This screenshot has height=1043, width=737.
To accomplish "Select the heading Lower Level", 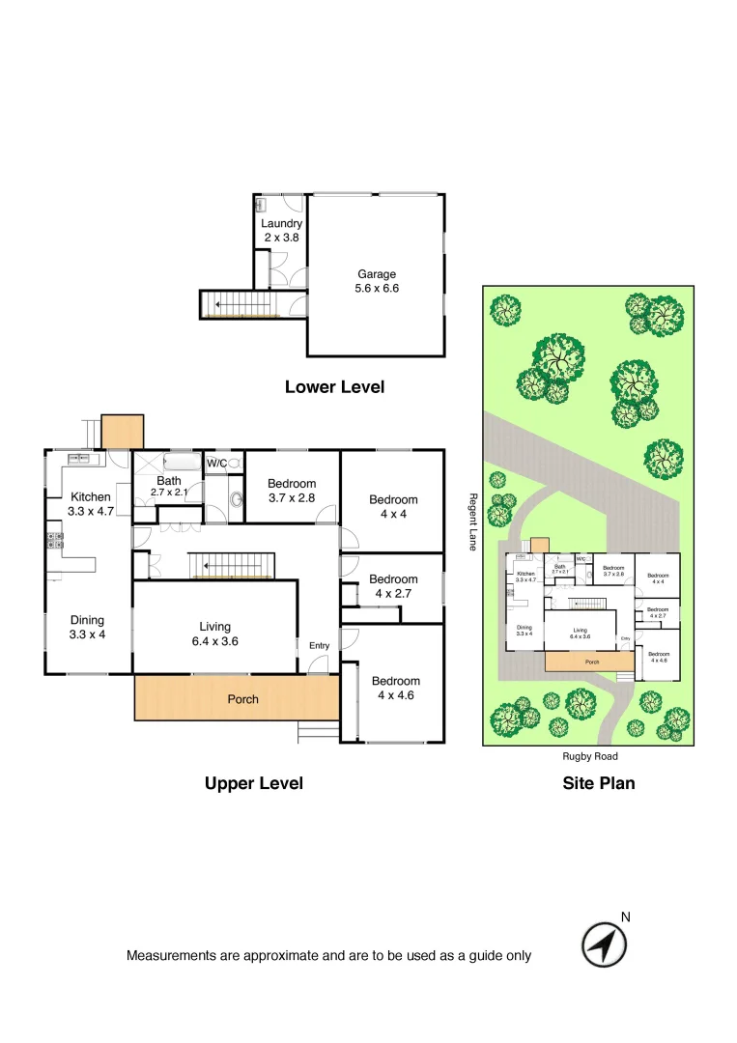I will coord(334,387).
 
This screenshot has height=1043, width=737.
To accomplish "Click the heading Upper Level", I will coord(254,783).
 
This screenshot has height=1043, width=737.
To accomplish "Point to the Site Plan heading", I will coord(599,783).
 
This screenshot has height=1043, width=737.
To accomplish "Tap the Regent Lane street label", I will coord(473,521).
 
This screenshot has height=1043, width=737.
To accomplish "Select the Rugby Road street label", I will coord(589,757).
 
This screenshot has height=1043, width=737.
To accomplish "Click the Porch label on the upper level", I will coord(242,699).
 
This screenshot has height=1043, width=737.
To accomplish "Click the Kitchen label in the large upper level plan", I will coord(91,497).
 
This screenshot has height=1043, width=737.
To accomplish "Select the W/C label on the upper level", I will coord(217,464).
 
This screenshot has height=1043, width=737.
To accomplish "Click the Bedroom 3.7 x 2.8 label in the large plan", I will coord(292,491).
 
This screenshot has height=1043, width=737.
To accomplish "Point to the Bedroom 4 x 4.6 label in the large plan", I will coord(395,688).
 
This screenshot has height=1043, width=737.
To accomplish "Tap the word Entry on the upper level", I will coord(319,646).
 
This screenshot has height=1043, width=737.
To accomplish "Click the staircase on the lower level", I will coord(241,304).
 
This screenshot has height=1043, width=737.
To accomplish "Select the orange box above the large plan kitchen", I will coord(123,432).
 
